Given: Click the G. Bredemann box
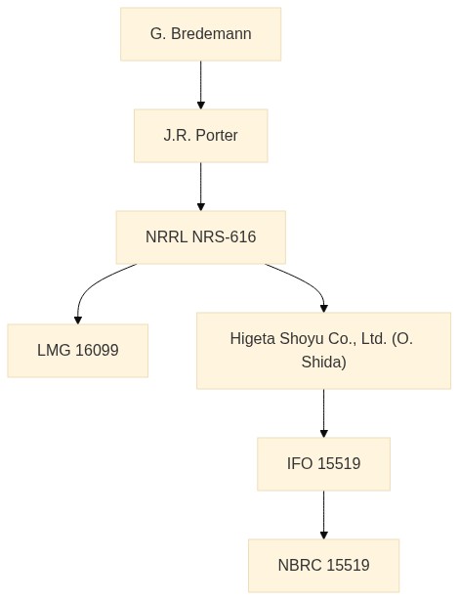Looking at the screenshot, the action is [x=201, y=34].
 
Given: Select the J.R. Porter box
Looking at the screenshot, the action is [x=201, y=136].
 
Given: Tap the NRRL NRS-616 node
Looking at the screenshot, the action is [x=201, y=237].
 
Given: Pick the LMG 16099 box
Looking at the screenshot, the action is [x=78, y=351].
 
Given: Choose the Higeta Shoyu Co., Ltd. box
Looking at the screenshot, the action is [x=323, y=351].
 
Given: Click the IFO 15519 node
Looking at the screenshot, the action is [x=323, y=464].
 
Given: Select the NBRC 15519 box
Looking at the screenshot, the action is [x=323, y=566].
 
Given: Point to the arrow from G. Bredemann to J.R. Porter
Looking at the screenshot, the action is [x=201, y=85].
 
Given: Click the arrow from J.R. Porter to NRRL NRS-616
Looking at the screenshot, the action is [x=201, y=187].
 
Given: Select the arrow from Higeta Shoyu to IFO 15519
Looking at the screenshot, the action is [x=323, y=413].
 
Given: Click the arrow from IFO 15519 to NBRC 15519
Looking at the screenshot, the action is [x=323, y=515].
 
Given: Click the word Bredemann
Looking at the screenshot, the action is [x=211, y=33].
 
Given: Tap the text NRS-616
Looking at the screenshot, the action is [x=224, y=236].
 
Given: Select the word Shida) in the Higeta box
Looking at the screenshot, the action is [x=323, y=362].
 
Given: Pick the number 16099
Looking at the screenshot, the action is [x=97, y=350].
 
